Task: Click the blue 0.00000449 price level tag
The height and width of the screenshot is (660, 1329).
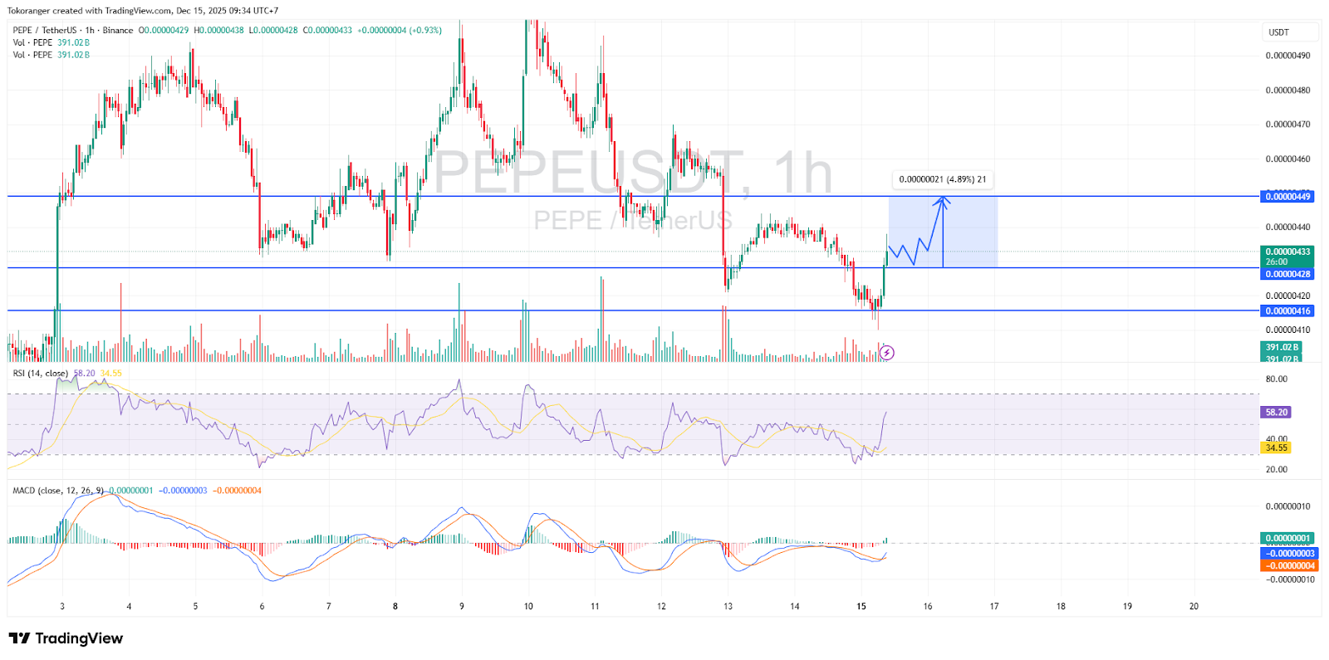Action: (x=1287, y=197)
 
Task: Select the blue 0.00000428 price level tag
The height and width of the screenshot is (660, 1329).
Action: (x=1287, y=274)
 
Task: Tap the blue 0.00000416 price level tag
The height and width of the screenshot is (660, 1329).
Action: (x=1287, y=311)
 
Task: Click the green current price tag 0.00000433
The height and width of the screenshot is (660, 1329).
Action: (x=1287, y=252)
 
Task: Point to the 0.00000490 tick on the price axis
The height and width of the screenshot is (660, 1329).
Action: (x=1287, y=56)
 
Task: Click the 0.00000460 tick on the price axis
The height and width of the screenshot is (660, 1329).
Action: (x=1287, y=159)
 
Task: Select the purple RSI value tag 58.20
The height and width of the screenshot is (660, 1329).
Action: (x=1276, y=412)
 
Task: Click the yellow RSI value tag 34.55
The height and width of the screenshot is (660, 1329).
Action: (x=1276, y=447)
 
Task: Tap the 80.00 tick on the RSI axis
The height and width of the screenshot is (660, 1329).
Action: (x=1276, y=379)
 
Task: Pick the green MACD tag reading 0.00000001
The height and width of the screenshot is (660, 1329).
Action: (x=1287, y=538)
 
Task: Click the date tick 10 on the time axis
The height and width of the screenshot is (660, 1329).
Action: (x=528, y=606)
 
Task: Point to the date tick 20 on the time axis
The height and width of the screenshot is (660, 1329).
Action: (x=1194, y=606)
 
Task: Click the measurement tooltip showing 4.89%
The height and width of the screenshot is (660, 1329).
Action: (x=942, y=179)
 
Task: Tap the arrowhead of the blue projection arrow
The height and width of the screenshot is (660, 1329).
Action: (x=943, y=199)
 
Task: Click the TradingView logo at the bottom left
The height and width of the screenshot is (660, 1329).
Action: (x=66, y=638)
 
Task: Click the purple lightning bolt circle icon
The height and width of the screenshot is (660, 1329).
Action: (x=887, y=353)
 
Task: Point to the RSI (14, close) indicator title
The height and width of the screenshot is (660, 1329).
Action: (x=40, y=374)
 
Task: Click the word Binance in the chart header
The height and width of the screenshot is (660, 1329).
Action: (x=118, y=31)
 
